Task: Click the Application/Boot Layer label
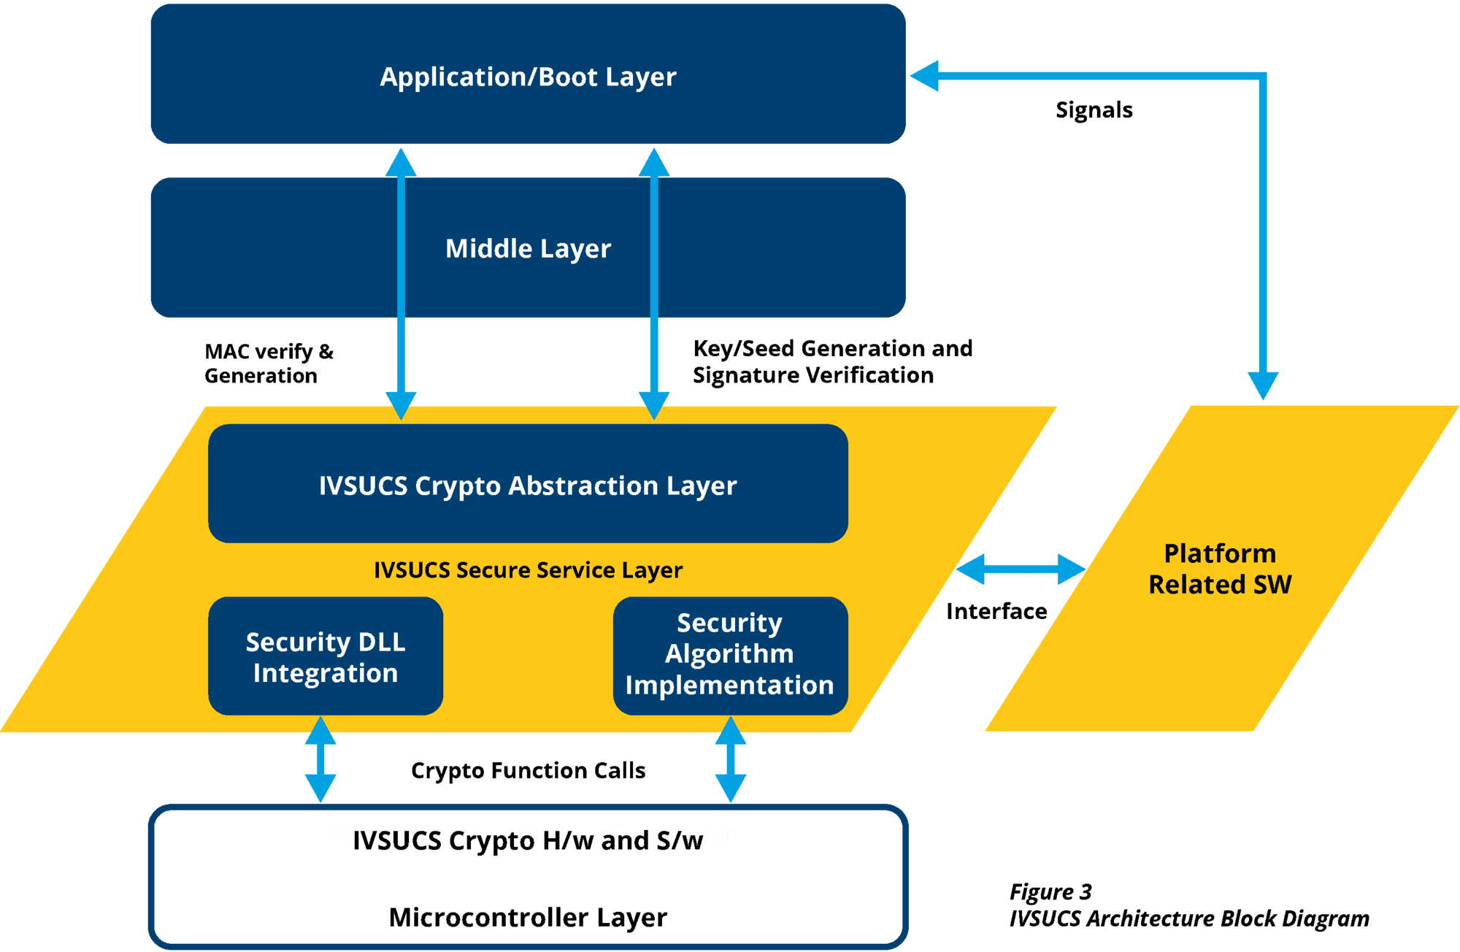(x=528, y=77)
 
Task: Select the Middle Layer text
(x=528, y=249)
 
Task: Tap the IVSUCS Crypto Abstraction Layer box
(x=528, y=485)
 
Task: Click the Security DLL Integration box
(x=326, y=656)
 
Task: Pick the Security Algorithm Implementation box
(x=729, y=655)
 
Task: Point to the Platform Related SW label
(x=1220, y=569)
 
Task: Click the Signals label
(x=1094, y=110)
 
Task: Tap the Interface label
(x=996, y=611)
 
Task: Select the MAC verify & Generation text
(x=269, y=364)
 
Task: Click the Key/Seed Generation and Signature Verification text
(x=832, y=361)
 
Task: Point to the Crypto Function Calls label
(x=528, y=771)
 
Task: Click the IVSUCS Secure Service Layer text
(x=528, y=570)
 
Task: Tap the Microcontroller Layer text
(x=528, y=918)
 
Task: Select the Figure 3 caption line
(x=1050, y=892)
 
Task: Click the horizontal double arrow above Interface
(x=1021, y=569)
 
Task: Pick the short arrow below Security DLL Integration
(x=320, y=759)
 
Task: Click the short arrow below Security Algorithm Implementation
(x=731, y=759)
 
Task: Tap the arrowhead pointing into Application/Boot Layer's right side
(x=925, y=76)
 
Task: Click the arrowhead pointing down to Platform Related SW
(x=1263, y=385)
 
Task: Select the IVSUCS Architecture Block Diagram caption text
(x=1188, y=918)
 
